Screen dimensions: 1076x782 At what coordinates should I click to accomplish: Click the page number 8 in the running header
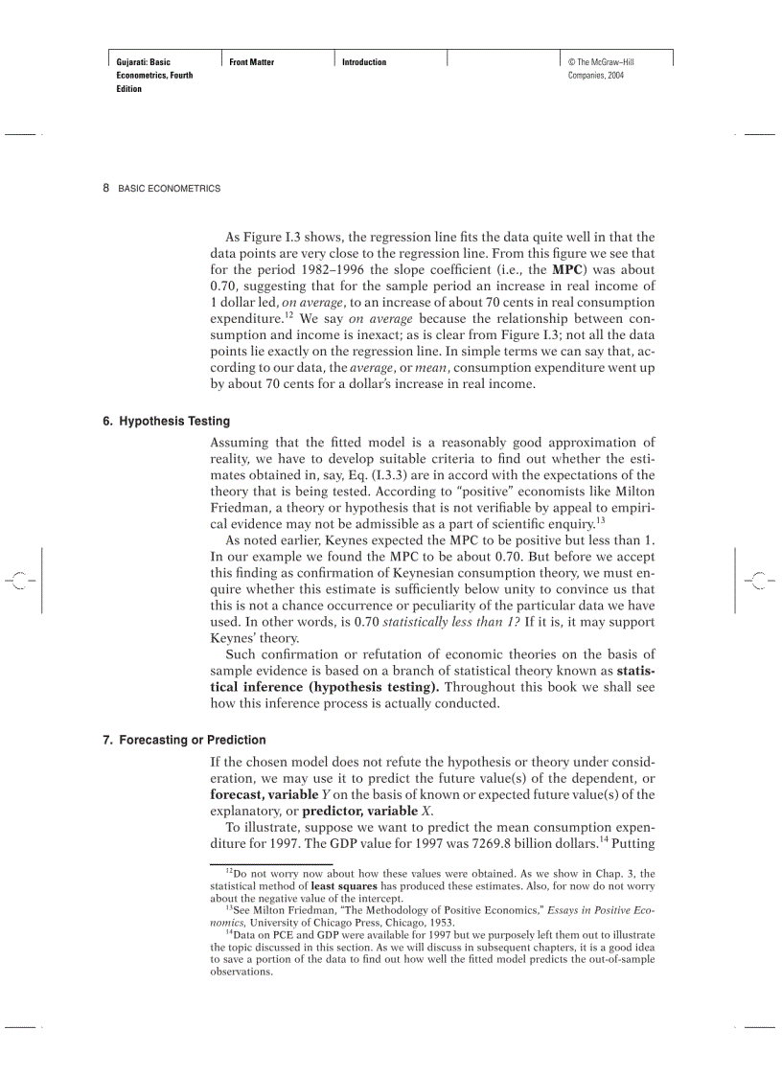click(x=105, y=189)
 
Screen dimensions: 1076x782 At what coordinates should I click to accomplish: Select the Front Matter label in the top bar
click(x=252, y=62)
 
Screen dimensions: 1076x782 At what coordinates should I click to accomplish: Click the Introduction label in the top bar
click(x=364, y=62)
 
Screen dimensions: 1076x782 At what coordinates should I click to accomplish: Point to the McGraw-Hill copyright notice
click(x=601, y=68)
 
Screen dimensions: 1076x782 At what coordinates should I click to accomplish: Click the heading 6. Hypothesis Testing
click(x=167, y=421)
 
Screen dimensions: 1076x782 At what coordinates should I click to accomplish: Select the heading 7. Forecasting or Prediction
click(x=184, y=740)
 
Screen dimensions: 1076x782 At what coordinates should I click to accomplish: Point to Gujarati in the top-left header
click(x=132, y=62)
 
